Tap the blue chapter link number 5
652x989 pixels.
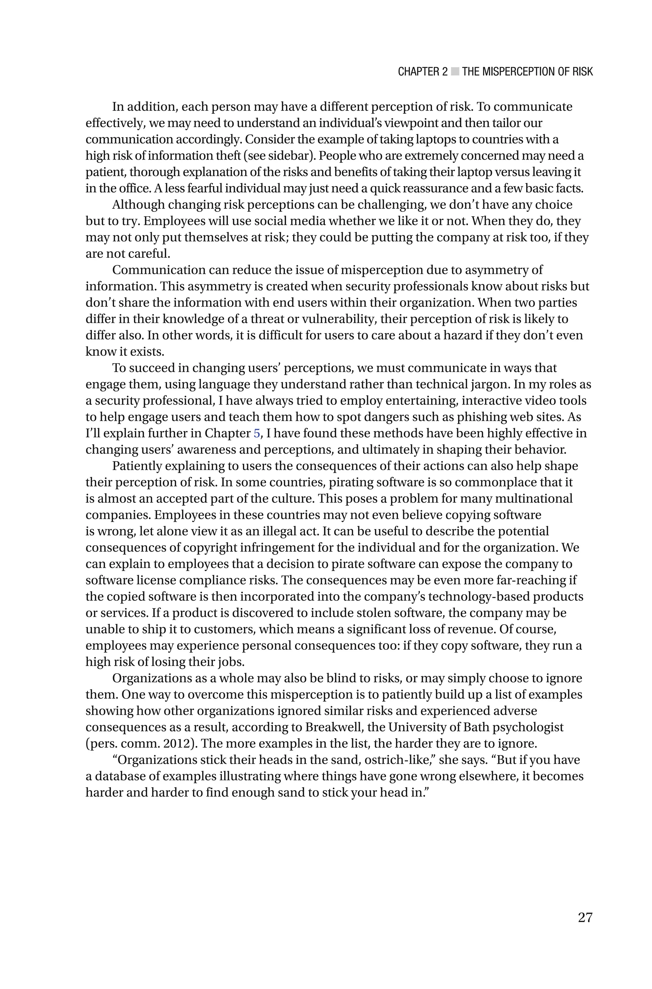coord(257,434)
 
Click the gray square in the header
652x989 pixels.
coord(455,72)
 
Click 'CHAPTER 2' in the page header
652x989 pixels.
coord(422,72)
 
